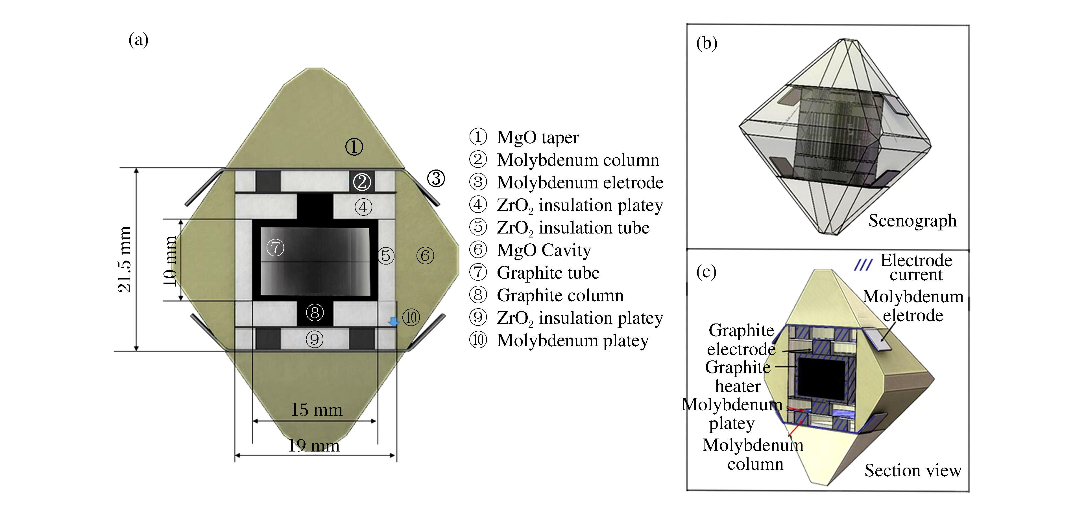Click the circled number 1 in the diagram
[x=354, y=147]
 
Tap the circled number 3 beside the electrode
[x=436, y=178]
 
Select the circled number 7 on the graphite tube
[x=275, y=247]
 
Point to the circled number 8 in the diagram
[x=315, y=312]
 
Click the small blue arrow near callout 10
[x=393, y=322]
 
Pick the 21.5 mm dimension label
[x=125, y=259]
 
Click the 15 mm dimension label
[x=316, y=410]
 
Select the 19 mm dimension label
[x=314, y=446]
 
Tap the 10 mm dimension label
[x=170, y=261]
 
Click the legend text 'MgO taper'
[x=538, y=137]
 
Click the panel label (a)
[x=138, y=40]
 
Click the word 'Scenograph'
[x=912, y=220]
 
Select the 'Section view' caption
[x=913, y=470]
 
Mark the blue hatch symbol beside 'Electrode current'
[x=863, y=265]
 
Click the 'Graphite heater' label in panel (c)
[x=738, y=377]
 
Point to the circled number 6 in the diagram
[x=425, y=255]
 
